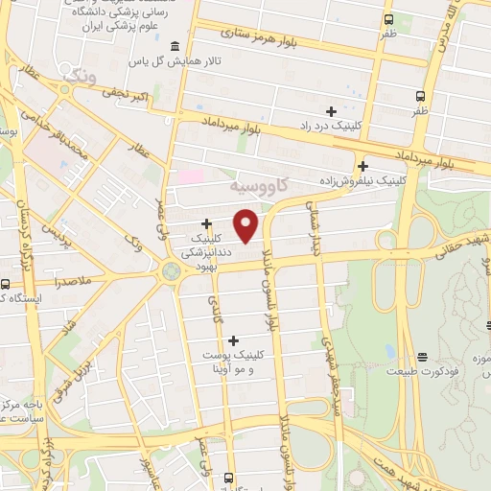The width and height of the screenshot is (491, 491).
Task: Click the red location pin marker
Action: point(246,226)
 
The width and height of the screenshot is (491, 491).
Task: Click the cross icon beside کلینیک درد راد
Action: point(331,111)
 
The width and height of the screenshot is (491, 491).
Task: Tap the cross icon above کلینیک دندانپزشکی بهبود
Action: point(206,223)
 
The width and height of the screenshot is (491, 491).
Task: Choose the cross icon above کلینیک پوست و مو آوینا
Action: point(233,339)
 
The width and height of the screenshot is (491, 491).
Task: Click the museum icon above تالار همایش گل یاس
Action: point(174,47)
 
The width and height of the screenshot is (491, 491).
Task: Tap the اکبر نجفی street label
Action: point(126,95)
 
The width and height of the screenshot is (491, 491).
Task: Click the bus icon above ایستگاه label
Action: point(6,285)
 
